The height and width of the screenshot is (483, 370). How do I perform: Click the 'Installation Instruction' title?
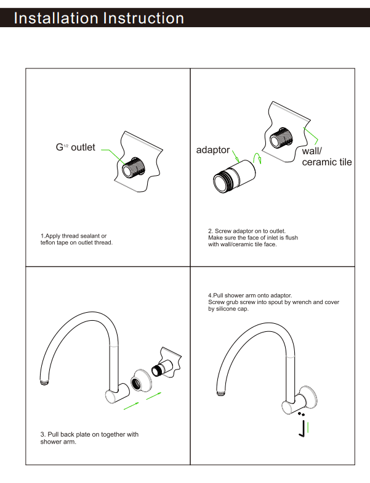99,18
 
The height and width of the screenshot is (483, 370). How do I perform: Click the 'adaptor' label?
213,150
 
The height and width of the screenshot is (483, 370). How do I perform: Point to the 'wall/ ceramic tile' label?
326,157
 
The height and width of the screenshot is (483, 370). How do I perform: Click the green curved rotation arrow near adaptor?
262,160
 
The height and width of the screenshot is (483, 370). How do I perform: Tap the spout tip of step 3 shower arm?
44,382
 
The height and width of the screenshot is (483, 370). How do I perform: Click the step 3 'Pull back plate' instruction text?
89,438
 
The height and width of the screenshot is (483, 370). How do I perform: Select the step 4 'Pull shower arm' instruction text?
273,302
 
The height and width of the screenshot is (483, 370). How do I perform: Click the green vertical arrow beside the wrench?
308,426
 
